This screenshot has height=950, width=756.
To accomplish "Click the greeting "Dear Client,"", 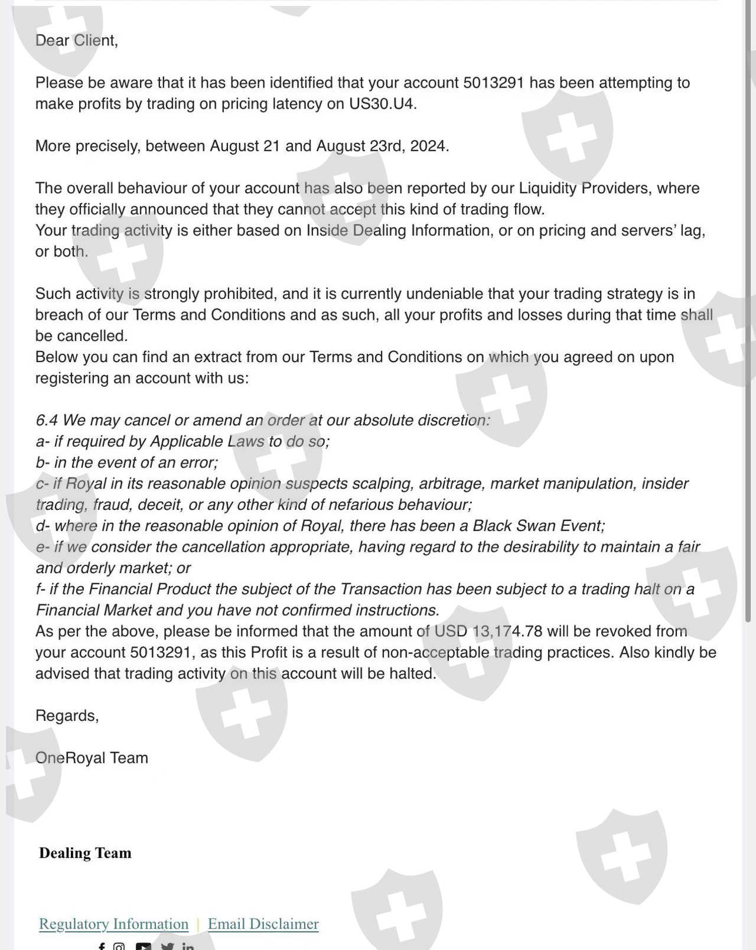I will click(76, 40).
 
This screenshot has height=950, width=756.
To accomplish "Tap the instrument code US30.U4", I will click(382, 103).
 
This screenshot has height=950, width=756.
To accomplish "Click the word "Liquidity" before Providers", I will click(548, 188).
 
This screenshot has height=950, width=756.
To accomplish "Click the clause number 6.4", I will click(47, 420).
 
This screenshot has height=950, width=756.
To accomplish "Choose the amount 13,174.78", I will click(507, 631).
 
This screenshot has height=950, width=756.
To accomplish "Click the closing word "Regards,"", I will click(67, 715).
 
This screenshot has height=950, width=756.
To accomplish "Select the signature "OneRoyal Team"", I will click(92, 758).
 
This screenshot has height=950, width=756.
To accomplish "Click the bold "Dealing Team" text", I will click(85, 853).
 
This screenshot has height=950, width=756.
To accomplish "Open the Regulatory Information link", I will click(113, 923).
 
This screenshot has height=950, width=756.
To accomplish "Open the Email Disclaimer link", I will click(263, 923).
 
